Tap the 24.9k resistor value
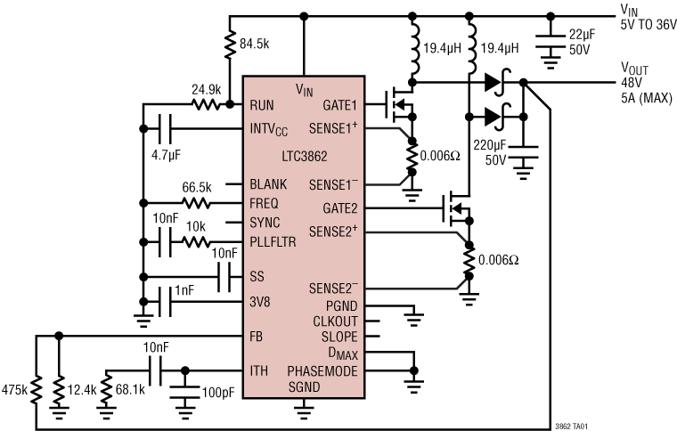(205, 89)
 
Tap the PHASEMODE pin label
(323, 370)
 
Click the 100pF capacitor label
(217, 391)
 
